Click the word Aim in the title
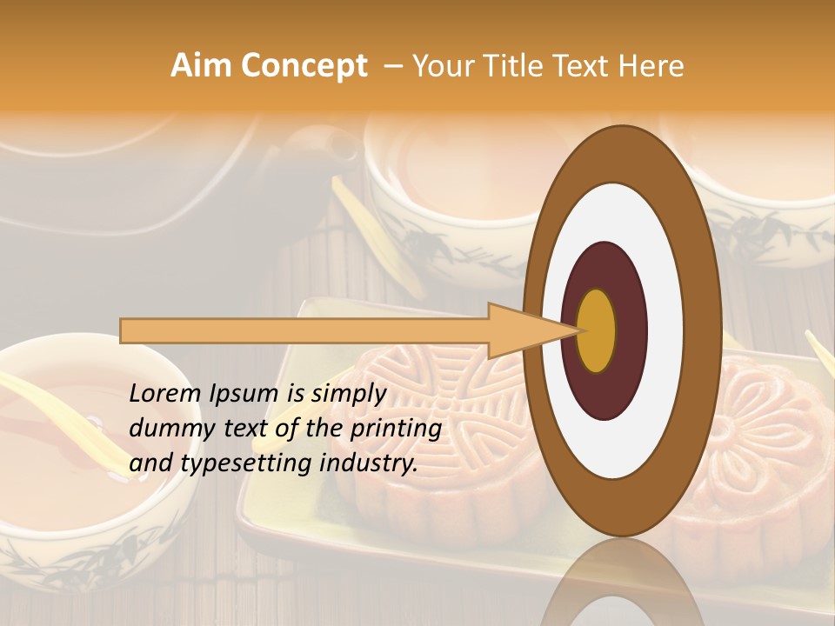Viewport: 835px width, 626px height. click(x=201, y=66)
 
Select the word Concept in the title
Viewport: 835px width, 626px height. click(x=304, y=66)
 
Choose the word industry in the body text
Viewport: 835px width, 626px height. click(x=368, y=463)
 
